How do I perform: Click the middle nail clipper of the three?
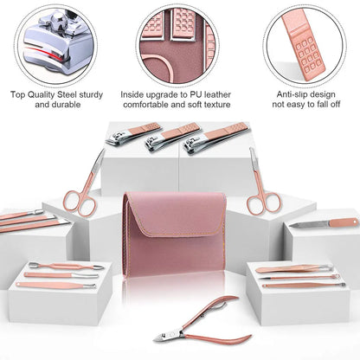tap(172, 137)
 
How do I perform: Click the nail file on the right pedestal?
tap(324, 223)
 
